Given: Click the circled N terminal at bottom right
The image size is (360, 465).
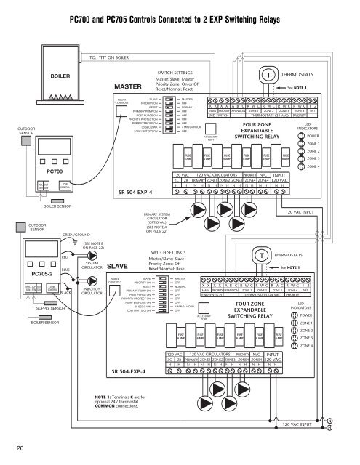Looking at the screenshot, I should click(350, 421).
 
